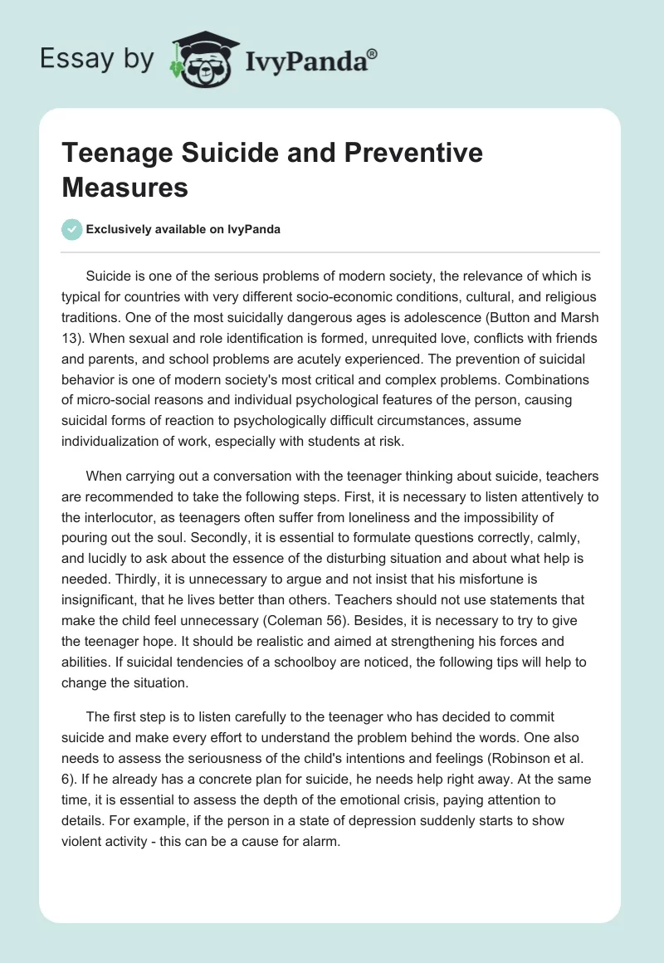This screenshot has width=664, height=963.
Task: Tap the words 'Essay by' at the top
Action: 97,60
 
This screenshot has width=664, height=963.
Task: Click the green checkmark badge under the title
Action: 72,229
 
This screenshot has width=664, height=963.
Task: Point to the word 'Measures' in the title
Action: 125,188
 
